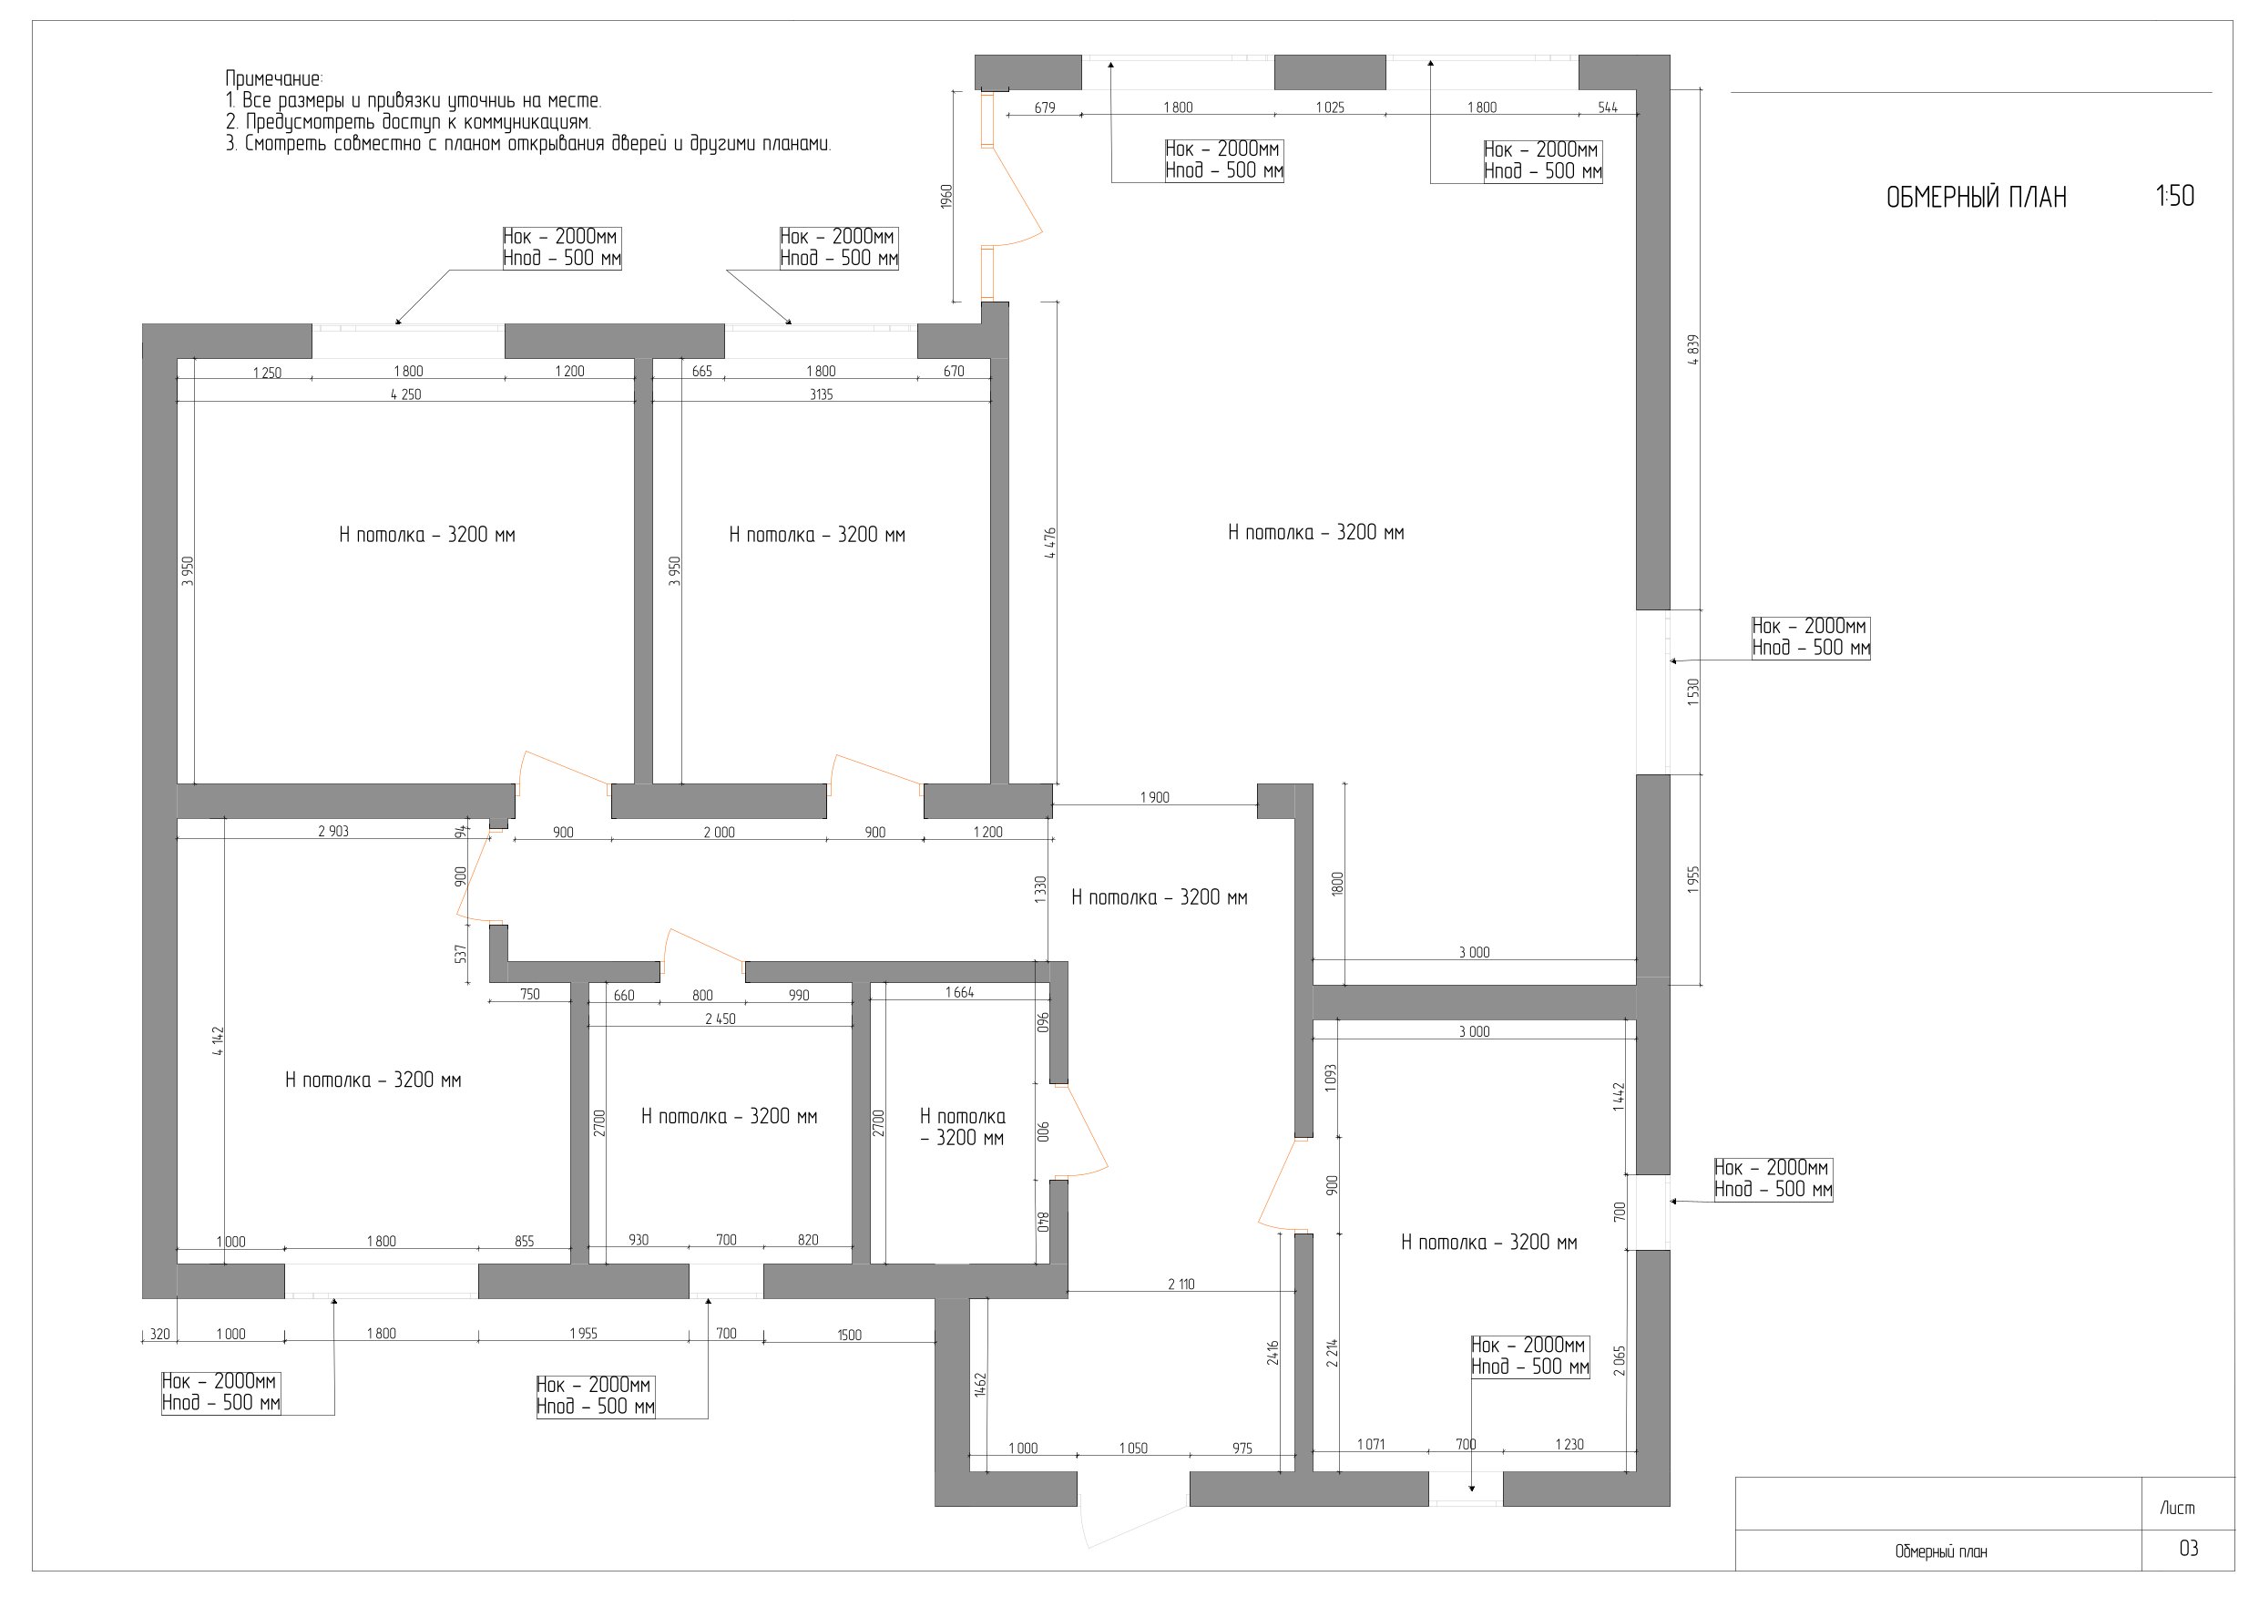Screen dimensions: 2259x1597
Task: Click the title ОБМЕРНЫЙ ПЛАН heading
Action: [x=1976, y=198]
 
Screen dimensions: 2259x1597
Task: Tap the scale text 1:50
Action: [x=2175, y=196]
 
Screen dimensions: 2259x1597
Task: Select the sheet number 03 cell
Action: [x=2188, y=1549]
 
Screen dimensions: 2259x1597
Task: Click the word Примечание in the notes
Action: [x=273, y=78]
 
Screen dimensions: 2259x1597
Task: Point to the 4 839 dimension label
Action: [x=1692, y=349]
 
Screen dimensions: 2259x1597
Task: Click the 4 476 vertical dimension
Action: [x=1050, y=543]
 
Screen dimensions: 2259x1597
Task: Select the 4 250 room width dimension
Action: [x=406, y=394]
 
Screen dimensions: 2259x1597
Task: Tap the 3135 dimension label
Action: [x=821, y=394]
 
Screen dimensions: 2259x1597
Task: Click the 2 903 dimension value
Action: [x=332, y=831]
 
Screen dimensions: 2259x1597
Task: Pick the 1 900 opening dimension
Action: [x=1155, y=797]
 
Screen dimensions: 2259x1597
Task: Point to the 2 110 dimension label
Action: [x=1181, y=1285]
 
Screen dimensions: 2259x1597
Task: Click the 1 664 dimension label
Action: [x=959, y=993]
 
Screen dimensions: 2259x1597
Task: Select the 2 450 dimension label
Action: [x=721, y=1019]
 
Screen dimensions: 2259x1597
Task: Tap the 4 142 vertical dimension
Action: [x=218, y=1042]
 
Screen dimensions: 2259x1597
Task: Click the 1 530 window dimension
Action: [x=1692, y=691]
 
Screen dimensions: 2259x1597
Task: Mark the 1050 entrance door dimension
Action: [x=1133, y=1449]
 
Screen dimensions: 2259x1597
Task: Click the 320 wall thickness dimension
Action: [x=158, y=1335]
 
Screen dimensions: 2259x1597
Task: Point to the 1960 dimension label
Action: [x=946, y=196]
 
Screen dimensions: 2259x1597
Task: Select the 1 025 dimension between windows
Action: [x=1330, y=107]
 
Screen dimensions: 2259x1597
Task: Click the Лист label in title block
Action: [x=2177, y=1508]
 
